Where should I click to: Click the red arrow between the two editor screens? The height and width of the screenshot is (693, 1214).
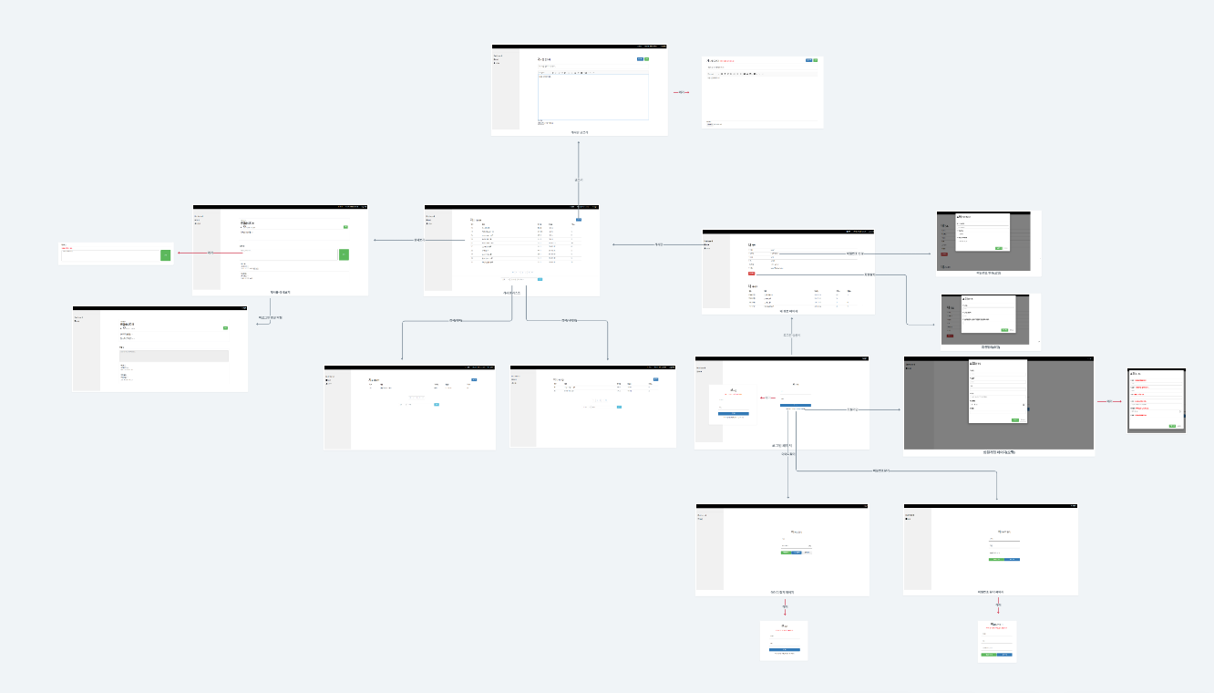click(x=681, y=93)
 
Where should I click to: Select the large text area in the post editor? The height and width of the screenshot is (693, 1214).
click(x=592, y=96)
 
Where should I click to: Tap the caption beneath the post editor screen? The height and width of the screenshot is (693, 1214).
click(x=580, y=132)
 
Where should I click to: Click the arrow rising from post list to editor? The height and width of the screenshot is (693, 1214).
click(x=578, y=179)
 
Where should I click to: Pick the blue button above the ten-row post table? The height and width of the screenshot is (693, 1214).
click(x=577, y=220)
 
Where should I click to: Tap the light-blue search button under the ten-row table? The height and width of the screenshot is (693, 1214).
click(x=540, y=279)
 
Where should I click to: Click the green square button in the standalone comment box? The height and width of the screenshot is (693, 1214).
click(x=165, y=255)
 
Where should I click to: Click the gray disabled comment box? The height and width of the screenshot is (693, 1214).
click(x=173, y=356)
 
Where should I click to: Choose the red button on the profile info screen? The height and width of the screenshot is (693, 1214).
click(x=751, y=273)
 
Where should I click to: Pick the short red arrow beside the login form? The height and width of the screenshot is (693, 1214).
click(x=768, y=398)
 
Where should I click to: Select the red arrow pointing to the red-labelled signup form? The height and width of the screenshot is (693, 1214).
click(x=1110, y=401)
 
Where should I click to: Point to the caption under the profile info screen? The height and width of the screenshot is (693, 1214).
click(x=788, y=311)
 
